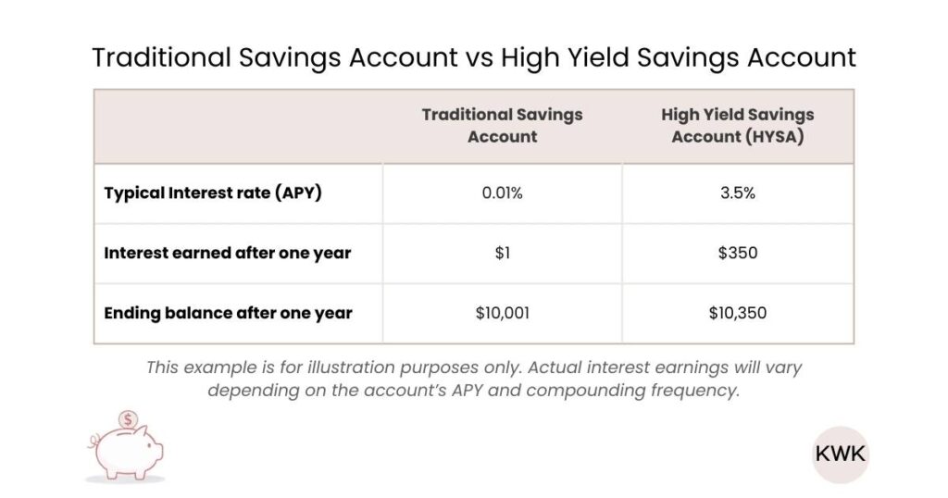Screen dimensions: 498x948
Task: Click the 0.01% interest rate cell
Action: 502,194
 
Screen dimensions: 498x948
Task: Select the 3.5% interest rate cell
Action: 738,194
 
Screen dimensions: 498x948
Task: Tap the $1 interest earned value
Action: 502,253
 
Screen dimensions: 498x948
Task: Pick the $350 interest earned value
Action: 738,253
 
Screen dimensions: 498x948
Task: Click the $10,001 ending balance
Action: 502,313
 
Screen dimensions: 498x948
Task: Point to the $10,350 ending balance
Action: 738,313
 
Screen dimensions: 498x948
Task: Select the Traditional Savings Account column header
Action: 502,125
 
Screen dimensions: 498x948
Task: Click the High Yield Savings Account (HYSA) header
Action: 738,125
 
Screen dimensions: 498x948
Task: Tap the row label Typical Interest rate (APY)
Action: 213,194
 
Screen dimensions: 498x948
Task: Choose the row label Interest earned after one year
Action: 228,253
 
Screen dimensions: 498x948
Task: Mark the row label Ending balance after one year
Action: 228,313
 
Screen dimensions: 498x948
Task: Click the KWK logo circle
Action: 841,454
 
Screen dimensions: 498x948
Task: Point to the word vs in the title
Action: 472,57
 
